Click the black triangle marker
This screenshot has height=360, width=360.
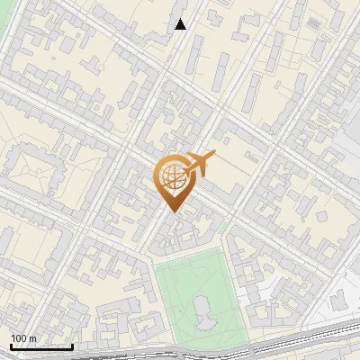[181, 24]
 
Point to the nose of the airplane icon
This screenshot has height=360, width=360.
[214, 155]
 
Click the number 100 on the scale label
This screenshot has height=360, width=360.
[18, 338]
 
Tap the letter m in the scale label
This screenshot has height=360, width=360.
[32, 338]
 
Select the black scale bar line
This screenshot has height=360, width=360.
[41, 346]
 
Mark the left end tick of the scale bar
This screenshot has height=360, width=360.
[11, 345]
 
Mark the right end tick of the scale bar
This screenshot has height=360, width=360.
[72, 345]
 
